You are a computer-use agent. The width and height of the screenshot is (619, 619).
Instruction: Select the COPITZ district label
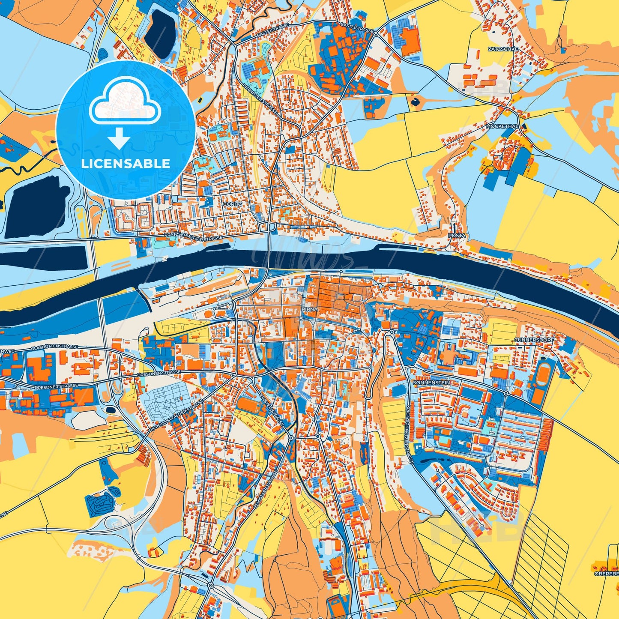tap(233, 204)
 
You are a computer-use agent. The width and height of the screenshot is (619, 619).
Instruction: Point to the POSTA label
tap(456, 236)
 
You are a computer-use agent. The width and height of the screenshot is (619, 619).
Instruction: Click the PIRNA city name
tap(309, 309)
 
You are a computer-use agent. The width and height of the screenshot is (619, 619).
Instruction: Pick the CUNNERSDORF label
tap(534, 340)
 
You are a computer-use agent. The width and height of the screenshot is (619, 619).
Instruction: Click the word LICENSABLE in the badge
tap(126, 164)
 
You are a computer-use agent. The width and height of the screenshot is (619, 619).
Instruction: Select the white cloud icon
tap(125, 102)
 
